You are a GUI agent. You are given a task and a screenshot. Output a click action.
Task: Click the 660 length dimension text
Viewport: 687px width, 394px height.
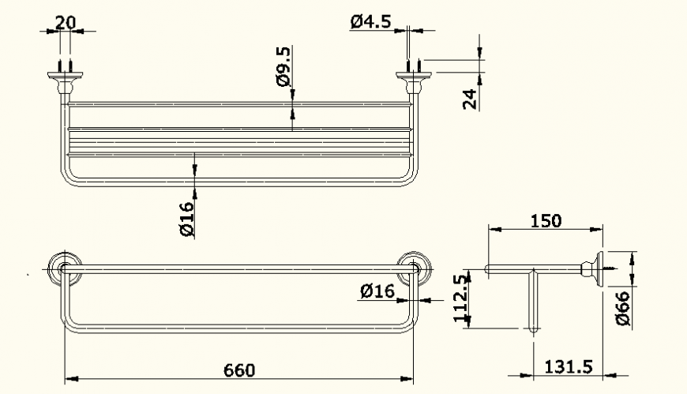(x=239, y=370)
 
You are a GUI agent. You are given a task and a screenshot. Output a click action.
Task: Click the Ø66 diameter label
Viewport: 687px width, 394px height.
(x=621, y=309)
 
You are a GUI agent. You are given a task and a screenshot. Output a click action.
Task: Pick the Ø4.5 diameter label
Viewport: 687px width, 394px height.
(x=370, y=21)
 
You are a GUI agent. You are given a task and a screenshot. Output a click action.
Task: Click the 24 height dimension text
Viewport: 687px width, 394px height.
(x=470, y=99)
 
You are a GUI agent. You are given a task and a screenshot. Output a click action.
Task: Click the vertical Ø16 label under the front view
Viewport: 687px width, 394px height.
(x=186, y=219)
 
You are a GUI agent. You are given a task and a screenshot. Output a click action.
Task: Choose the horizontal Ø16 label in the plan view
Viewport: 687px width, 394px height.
(x=377, y=291)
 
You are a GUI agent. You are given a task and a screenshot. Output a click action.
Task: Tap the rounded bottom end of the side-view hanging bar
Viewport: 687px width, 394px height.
(x=533, y=328)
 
